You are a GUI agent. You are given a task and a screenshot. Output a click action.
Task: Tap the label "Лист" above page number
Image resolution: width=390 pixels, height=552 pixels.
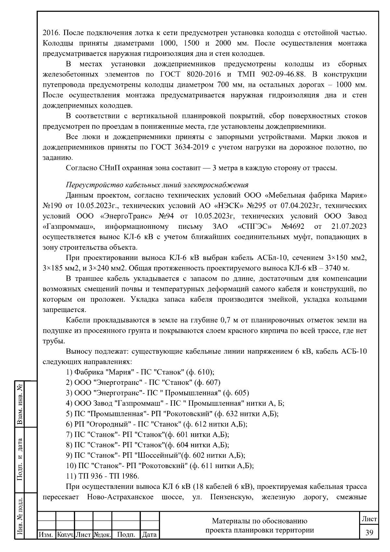coord(369,519)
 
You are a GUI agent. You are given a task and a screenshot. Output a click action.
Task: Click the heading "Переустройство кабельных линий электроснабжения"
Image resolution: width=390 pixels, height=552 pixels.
coord(157,185)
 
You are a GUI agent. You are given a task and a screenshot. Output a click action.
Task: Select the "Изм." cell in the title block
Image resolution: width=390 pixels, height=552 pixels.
coord(46,534)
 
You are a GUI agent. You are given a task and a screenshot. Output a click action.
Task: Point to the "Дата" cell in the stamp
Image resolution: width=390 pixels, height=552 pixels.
coord(149,534)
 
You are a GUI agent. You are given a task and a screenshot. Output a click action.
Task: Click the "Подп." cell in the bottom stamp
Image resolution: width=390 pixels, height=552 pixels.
coord(126,534)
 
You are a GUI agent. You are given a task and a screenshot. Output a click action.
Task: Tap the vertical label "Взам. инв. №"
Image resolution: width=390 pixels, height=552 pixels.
coord(20,404)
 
